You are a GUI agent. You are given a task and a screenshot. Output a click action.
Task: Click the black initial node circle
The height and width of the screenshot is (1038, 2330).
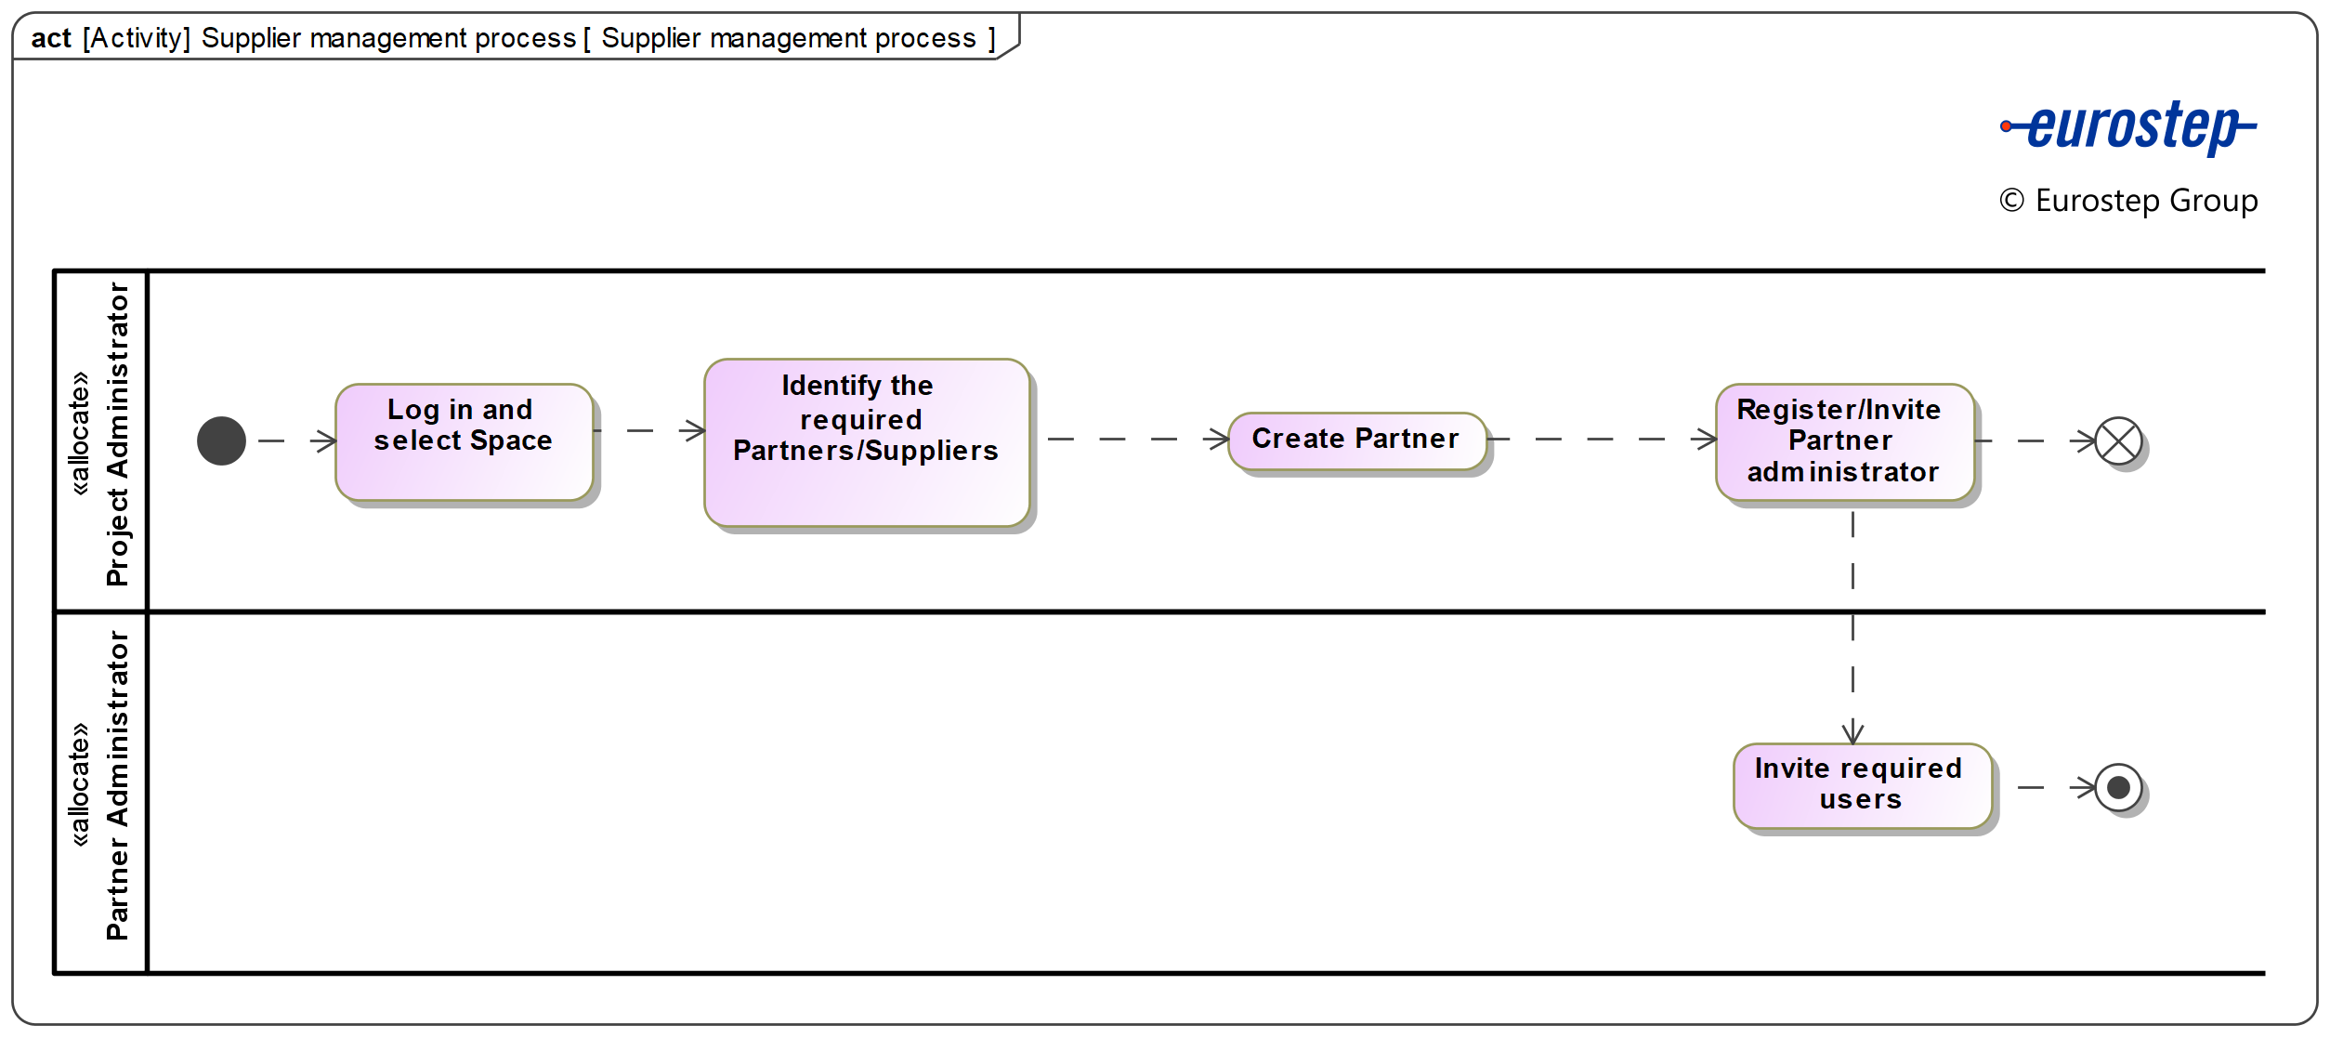(221, 440)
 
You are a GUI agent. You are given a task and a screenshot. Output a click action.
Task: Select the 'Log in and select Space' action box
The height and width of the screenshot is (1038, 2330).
(464, 442)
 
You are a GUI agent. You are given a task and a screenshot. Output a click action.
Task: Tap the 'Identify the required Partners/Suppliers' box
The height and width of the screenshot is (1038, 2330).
(866, 442)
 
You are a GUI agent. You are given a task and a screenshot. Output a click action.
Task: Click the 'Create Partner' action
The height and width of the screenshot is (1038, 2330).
(1355, 440)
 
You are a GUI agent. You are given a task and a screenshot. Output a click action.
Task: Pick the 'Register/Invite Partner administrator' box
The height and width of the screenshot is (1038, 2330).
(1843, 442)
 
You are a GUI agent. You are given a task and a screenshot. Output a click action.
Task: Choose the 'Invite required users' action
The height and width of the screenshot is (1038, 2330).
(1861, 785)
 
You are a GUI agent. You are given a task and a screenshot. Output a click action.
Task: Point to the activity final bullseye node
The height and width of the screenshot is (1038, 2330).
(2118, 788)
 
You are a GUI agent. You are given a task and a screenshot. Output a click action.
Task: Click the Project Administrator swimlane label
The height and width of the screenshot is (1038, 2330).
(118, 434)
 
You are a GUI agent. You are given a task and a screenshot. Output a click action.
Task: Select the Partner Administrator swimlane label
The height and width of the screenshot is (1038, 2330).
(118, 785)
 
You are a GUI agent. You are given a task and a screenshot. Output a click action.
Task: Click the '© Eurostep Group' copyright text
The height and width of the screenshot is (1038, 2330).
(2127, 201)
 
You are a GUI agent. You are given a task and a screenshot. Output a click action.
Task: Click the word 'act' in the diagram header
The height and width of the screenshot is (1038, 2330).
(51, 38)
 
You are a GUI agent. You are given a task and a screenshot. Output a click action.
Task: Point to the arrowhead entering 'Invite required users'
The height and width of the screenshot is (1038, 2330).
(1852, 732)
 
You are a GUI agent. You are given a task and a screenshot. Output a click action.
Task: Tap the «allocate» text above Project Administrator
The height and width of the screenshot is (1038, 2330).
(80, 434)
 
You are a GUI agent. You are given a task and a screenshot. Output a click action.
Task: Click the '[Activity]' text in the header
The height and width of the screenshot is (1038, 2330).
(136, 38)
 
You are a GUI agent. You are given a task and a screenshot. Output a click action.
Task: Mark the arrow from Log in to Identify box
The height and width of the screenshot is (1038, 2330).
(650, 430)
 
